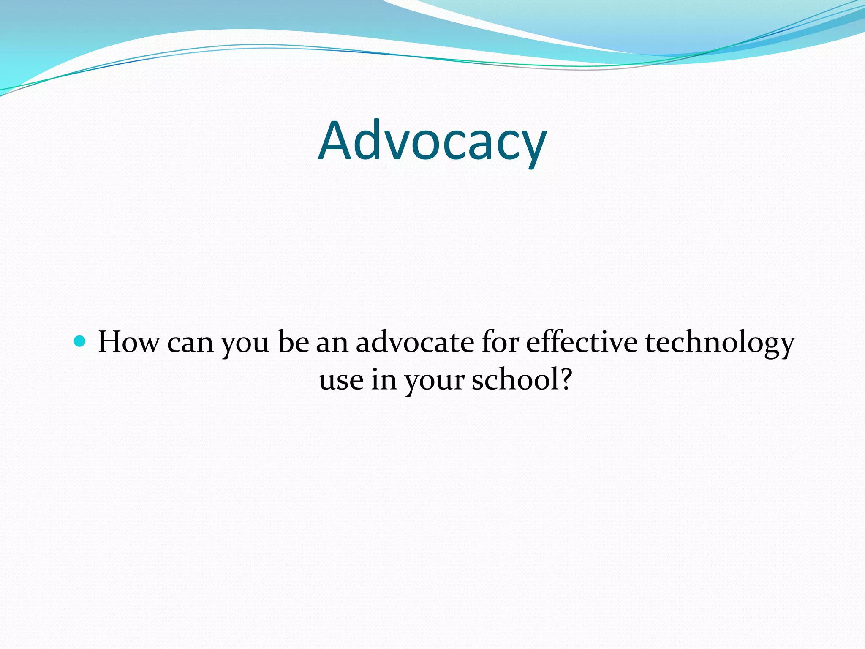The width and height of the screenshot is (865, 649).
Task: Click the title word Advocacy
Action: (x=432, y=142)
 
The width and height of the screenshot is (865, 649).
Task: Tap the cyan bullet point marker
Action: (x=79, y=341)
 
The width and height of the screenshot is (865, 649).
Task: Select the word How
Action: (x=129, y=342)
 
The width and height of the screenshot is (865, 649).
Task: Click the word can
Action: (x=190, y=343)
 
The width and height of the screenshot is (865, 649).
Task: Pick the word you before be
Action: (x=245, y=344)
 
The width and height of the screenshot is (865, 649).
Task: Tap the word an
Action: (x=332, y=343)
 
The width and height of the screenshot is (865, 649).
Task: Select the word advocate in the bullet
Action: (x=415, y=342)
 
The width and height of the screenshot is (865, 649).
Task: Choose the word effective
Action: (x=582, y=342)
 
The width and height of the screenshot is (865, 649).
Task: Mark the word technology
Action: (x=720, y=343)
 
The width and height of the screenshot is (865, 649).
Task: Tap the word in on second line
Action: (x=384, y=379)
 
